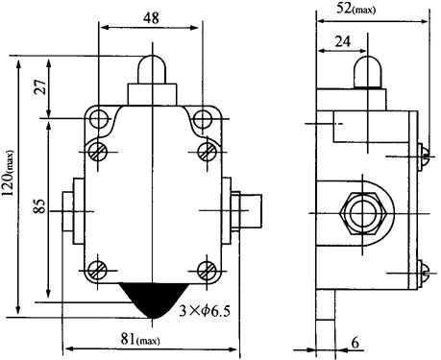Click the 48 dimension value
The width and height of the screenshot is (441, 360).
151,18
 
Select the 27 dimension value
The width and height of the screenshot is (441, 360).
41,85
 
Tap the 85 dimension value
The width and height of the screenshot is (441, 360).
40,205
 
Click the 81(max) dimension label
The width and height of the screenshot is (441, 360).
140,339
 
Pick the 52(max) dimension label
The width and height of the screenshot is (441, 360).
355,8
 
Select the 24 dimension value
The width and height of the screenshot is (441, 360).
343,41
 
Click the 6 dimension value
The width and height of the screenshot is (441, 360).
355,343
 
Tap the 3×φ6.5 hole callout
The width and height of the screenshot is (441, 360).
205,311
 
